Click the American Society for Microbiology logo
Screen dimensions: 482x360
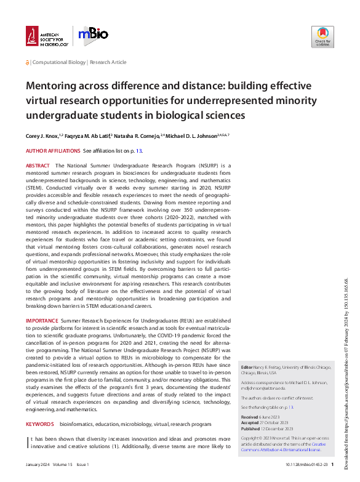(46, 36)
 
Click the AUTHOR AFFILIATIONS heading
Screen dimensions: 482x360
(52, 151)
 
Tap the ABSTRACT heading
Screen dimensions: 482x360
(38, 166)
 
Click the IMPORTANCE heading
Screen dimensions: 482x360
(42, 321)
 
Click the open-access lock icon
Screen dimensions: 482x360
(28, 63)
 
